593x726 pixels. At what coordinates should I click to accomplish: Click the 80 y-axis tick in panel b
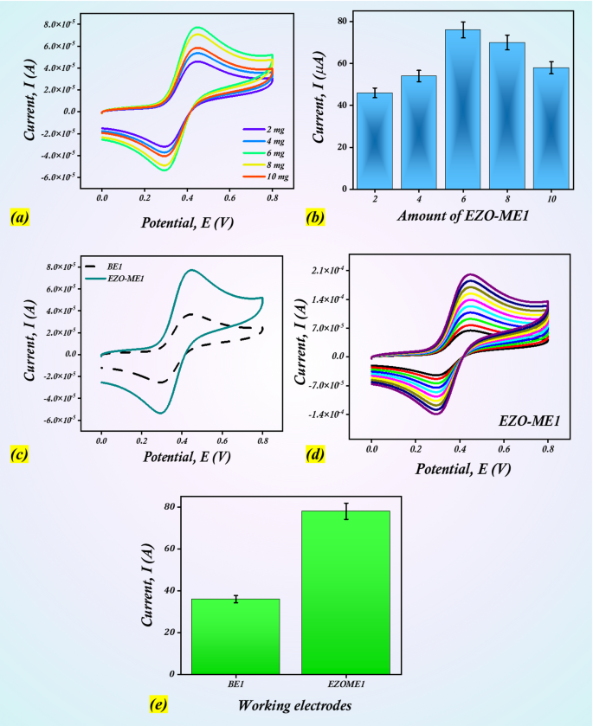(342, 21)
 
